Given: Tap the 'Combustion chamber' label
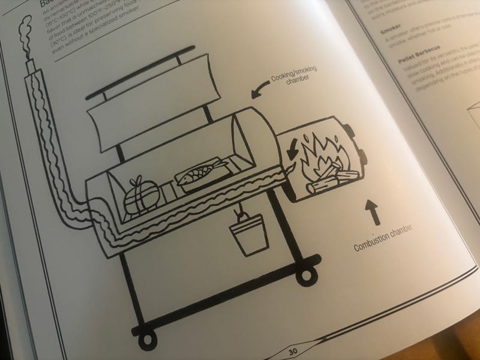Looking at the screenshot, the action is coord(385,238).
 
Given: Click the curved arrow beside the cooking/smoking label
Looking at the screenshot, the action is coord(259,92).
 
